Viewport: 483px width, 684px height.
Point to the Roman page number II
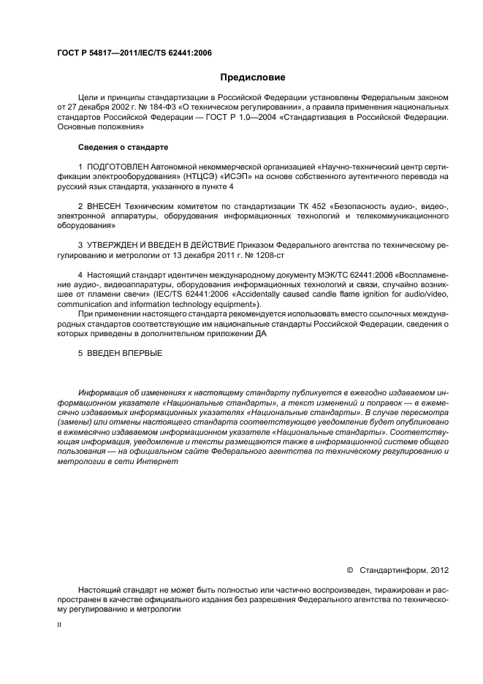pos(59,625)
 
